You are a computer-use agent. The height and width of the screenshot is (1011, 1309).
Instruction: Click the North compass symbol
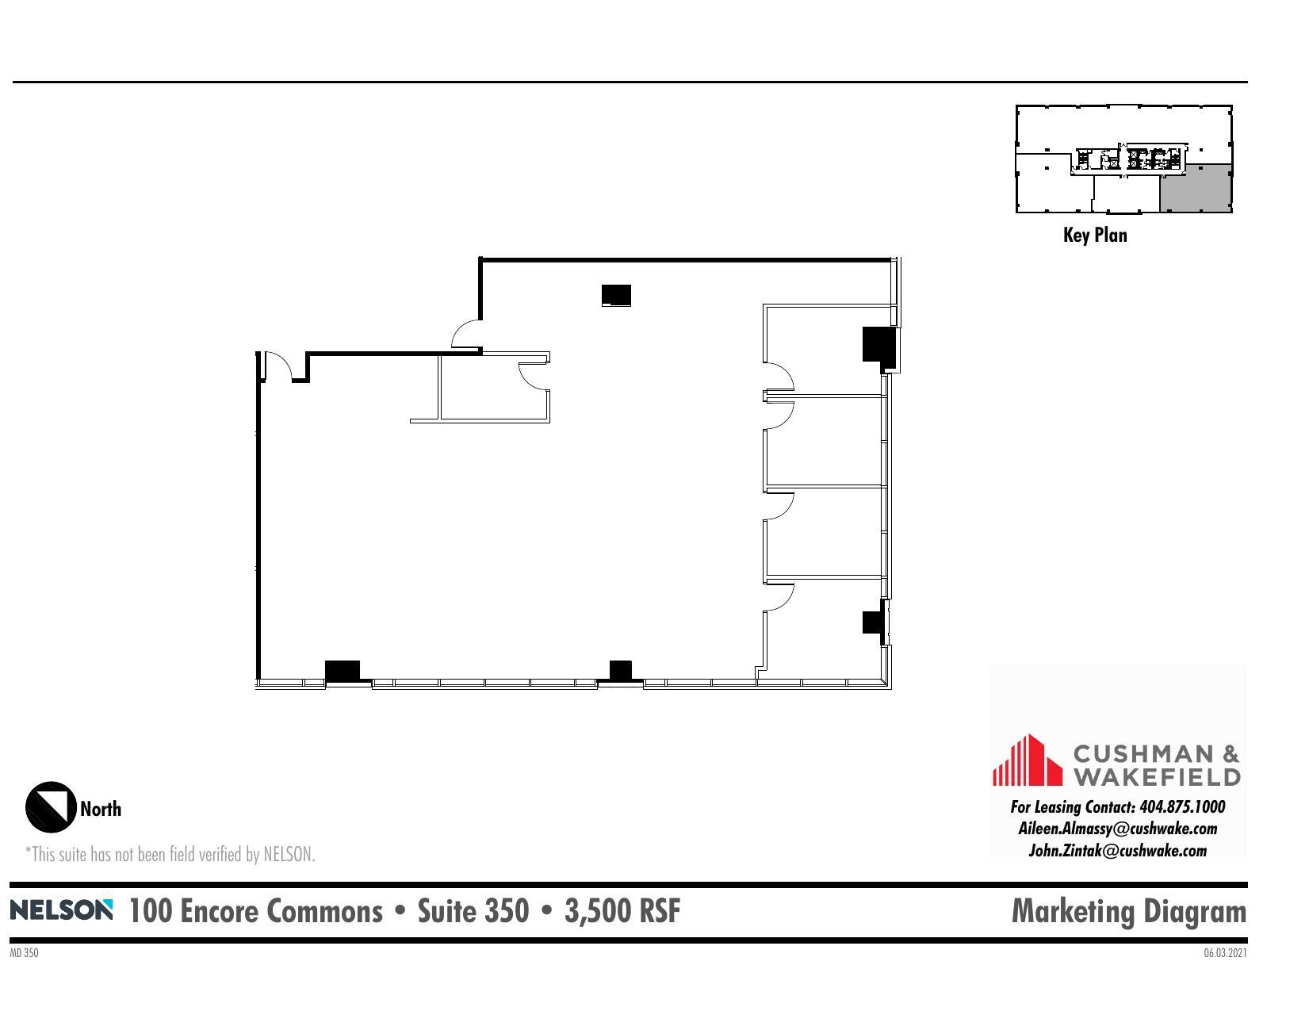click(x=51, y=807)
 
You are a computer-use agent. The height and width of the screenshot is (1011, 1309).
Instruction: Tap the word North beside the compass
click(x=101, y=809)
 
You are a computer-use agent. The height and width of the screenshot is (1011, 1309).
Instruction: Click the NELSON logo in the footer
click(x=61, y=910)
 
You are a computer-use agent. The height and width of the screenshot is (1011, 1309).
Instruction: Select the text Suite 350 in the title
click(x=473, y=911)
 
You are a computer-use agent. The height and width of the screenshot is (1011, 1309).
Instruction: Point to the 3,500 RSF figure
click(x=622, y=911)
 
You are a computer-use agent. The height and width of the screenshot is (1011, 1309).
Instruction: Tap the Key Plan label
click(x=1094, y=235)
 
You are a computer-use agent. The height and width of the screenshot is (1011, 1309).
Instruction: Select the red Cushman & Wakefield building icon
click(x=1027, y=761)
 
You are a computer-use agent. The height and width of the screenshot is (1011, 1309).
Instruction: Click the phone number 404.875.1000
click(x=1181, y=807)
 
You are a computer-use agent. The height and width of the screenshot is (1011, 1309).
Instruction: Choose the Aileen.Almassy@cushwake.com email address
click(x=1117, y=829)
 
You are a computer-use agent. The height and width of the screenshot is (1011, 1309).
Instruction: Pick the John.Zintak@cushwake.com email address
click(x=1117, y=851)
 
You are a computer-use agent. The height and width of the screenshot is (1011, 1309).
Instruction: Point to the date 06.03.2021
click(x=1225, y=953)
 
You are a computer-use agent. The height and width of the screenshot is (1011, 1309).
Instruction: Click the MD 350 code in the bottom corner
click(x=24, y=953)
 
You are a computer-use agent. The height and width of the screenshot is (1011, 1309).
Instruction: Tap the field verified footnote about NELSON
click(x=170, y=854)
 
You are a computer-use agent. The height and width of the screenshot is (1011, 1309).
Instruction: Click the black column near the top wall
click(x=616, y=295)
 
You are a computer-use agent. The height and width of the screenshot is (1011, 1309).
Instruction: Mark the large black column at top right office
click(x=878, y=345)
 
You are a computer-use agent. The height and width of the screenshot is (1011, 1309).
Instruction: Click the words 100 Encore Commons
click(x=255, y=911)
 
